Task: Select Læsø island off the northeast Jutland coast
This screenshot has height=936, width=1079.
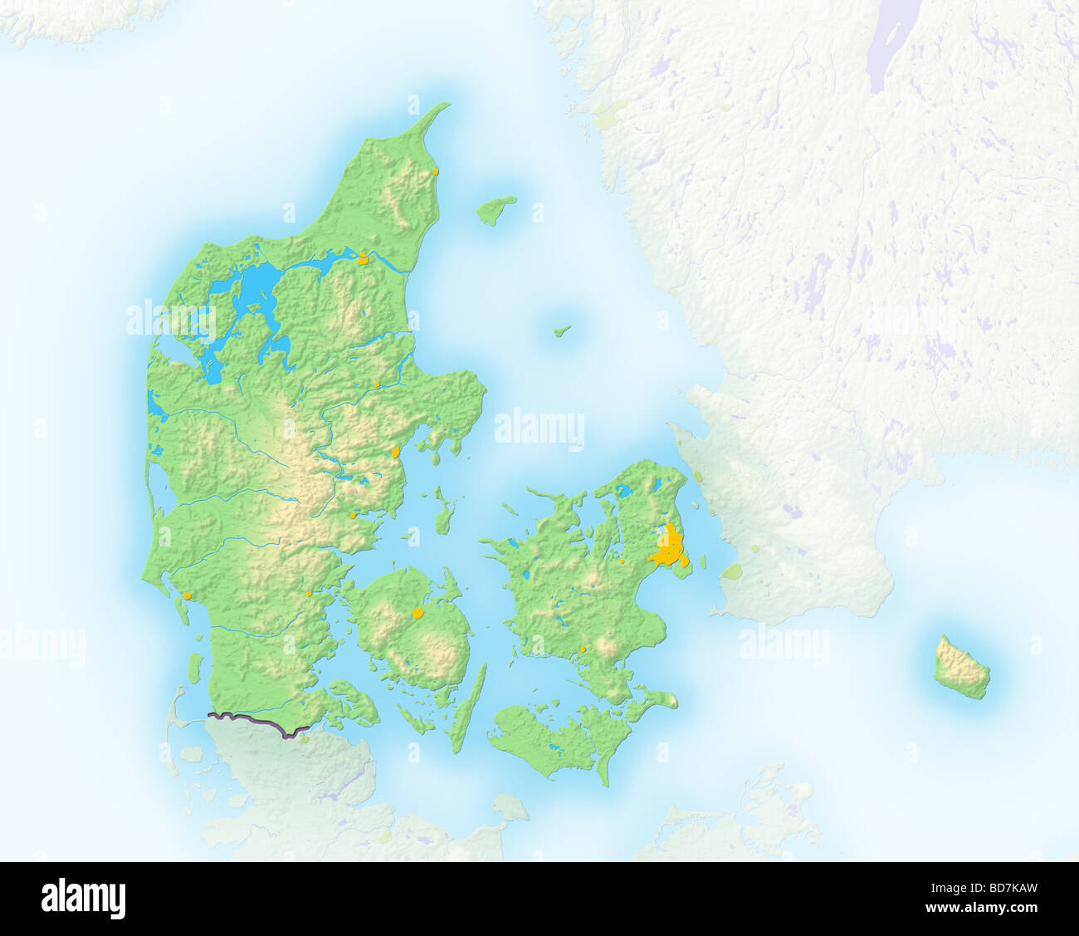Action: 496,209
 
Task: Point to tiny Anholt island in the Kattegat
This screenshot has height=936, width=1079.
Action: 563,331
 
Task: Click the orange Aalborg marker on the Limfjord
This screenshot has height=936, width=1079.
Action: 363,258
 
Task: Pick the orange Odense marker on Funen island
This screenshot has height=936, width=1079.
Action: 418,615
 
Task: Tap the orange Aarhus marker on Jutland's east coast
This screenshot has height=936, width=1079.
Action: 396,453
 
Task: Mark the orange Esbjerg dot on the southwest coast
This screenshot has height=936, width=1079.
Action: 188,595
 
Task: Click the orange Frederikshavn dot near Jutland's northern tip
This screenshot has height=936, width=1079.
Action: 436,172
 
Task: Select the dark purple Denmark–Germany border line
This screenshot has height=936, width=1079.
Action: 257,723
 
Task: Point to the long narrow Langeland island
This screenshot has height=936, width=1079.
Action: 469,706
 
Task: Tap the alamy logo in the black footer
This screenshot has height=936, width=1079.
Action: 83,899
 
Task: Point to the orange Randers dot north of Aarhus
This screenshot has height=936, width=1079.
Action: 377,384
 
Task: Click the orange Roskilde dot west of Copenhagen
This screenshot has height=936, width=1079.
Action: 622,561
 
